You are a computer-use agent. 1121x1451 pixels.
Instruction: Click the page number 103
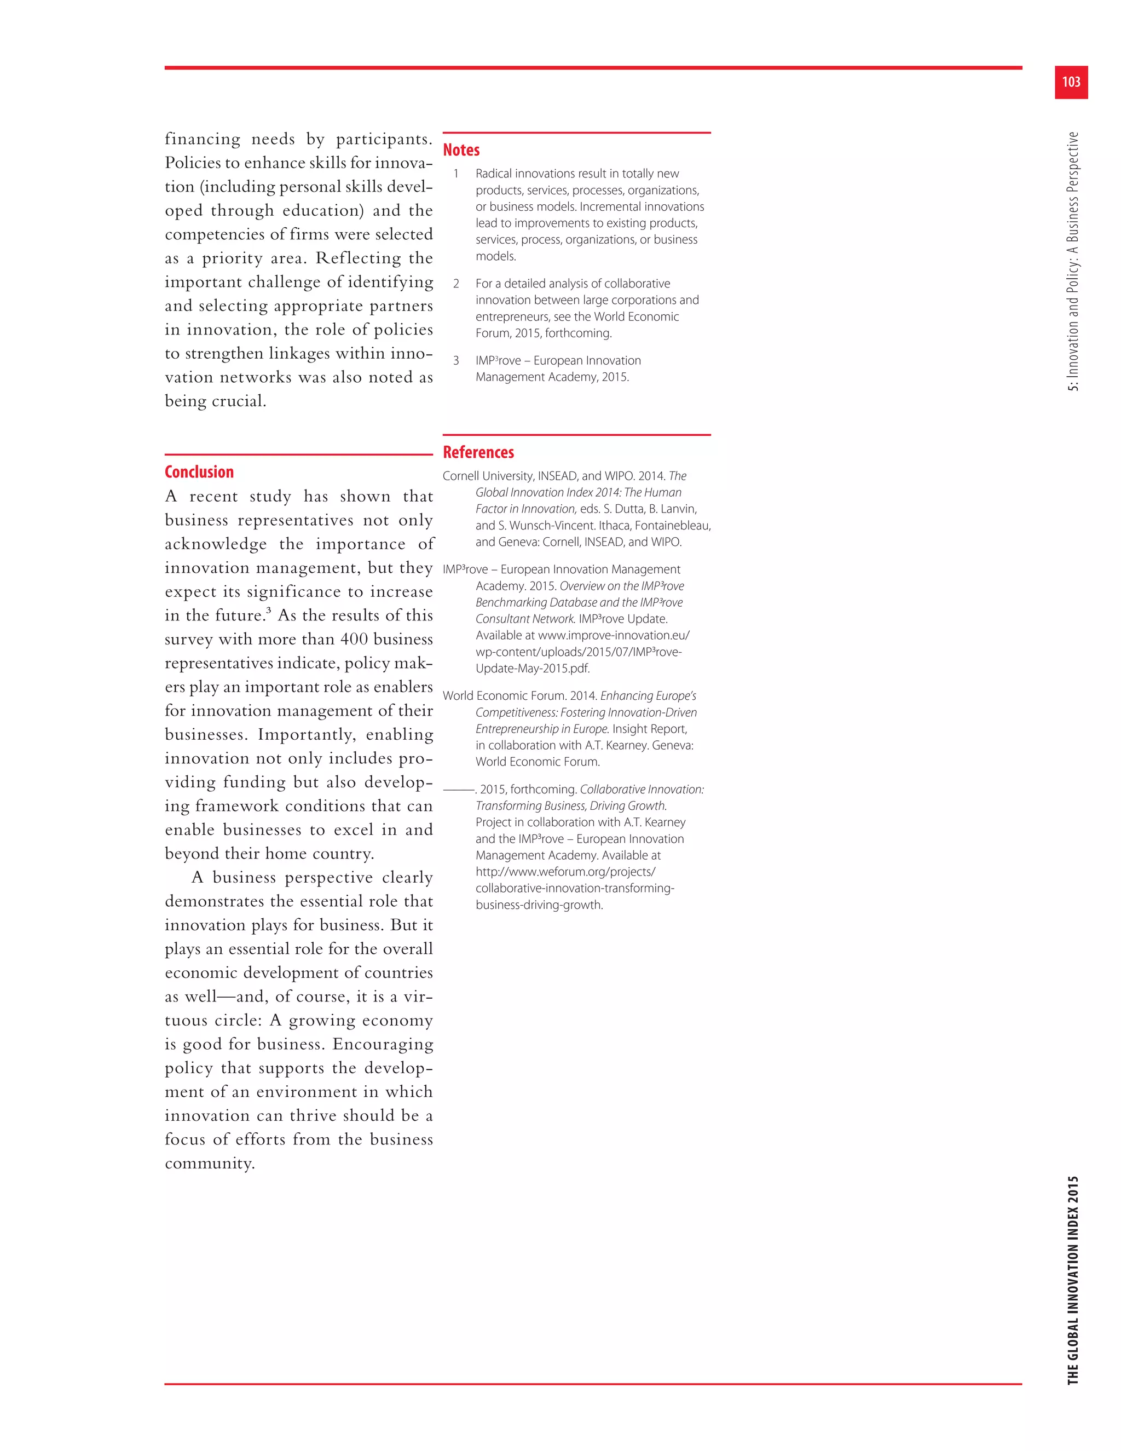tap(1071, 82)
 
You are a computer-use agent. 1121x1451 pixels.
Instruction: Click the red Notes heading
tap(461, 150)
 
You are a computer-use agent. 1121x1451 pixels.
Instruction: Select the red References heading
tap(478, 452)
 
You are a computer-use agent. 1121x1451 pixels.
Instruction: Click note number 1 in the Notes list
tap(457, 174)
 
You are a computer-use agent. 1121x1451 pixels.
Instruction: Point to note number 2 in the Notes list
tap(457, 284)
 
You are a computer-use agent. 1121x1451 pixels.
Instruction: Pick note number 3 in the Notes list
tap(457, 361)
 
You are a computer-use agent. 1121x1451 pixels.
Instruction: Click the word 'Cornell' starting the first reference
tap(461, 476)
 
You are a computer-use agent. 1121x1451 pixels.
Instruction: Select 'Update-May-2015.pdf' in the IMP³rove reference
tap(533, 669)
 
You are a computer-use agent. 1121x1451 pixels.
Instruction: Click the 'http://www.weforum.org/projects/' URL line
tap(565, 872)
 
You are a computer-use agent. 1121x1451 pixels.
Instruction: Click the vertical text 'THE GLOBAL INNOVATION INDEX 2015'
tap(1072, 1279)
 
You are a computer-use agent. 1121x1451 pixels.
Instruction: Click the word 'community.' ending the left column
tap(210, 1164)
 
